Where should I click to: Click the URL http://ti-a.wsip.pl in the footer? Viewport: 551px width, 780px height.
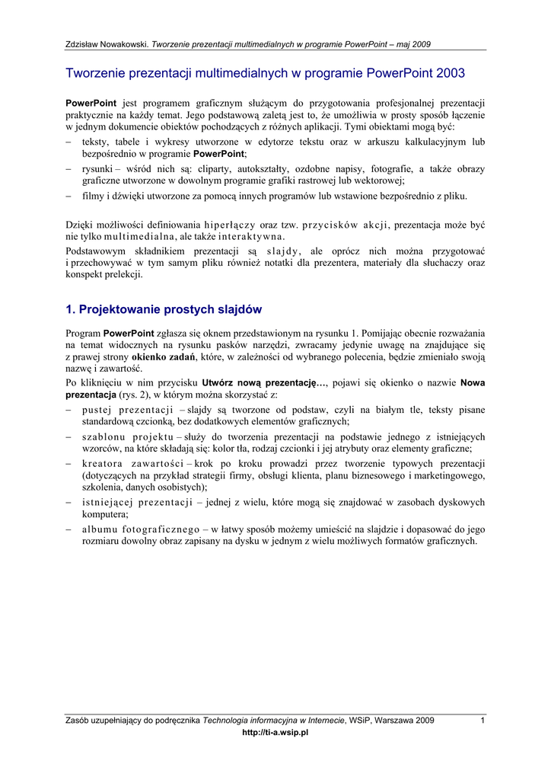275,733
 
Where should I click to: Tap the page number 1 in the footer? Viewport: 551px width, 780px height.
483,721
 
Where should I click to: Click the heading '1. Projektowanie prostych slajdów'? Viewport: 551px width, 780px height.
164,309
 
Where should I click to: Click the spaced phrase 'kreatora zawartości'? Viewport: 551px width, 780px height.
132,464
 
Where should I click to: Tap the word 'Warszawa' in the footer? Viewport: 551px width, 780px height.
394,721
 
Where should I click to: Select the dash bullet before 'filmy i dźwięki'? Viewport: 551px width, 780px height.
68,197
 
